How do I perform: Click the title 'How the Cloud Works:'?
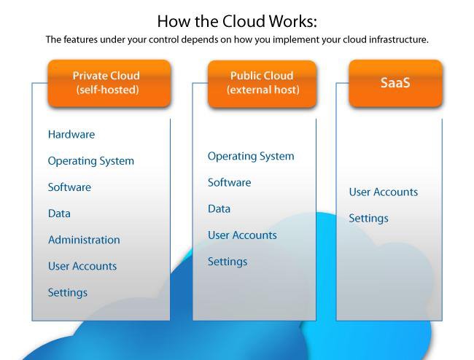tap(237, 20)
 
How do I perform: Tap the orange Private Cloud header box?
tap(109, 82)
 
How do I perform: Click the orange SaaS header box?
tap(395, 82)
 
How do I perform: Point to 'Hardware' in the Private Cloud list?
tap(71, 134)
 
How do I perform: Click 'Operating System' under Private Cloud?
tap(91, 161)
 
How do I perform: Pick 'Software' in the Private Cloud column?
tap(69, 187)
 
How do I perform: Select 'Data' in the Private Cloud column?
tap(59, 214)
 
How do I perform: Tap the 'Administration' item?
tap(84, 240)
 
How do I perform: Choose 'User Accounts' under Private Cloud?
tap(82, 266)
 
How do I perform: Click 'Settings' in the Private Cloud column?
tap(68, 292)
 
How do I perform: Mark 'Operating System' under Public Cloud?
tap(251, 156)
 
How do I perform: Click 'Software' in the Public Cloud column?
tap(229, 182)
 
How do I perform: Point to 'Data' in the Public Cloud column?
tap(219, 208)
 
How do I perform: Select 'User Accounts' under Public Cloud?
tap(242, 235)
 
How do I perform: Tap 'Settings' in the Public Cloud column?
tap(228, 262)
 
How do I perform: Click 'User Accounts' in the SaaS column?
tap(384, 192)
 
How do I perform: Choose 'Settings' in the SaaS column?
tap(368, 219)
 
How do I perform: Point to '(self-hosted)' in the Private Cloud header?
tap(107, 90)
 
